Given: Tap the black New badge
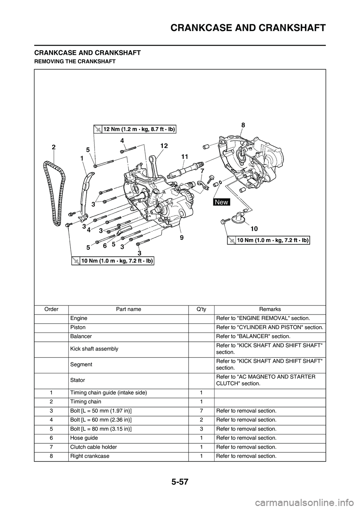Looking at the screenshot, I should coord(222,202).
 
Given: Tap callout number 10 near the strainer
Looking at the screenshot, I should coord(254,228).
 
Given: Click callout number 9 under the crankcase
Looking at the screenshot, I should coord(182,237).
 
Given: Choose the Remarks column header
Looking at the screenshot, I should coord(270,309).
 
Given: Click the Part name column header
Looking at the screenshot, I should coord(128,309).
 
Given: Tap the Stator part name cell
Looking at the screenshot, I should coord(76,380).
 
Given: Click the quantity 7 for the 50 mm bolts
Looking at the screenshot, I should coord(202,411).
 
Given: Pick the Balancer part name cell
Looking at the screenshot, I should coord(81,336).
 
